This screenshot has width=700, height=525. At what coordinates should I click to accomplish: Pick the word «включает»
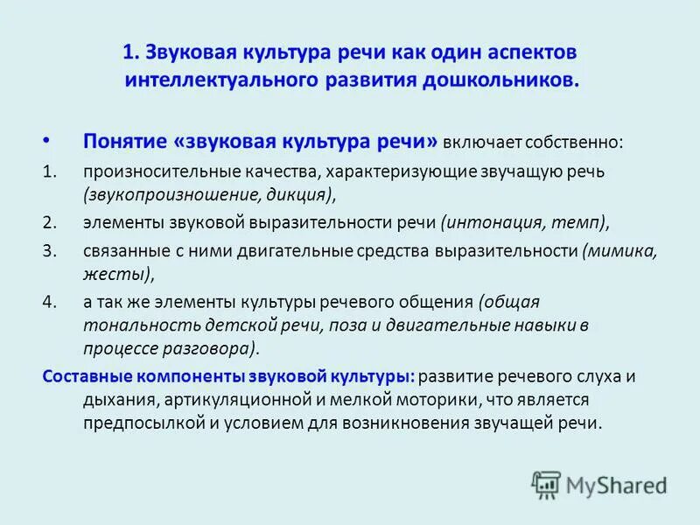click(478, 142)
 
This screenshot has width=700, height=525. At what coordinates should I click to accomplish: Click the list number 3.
click(48, 250)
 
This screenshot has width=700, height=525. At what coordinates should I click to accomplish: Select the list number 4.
click(48, 302)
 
